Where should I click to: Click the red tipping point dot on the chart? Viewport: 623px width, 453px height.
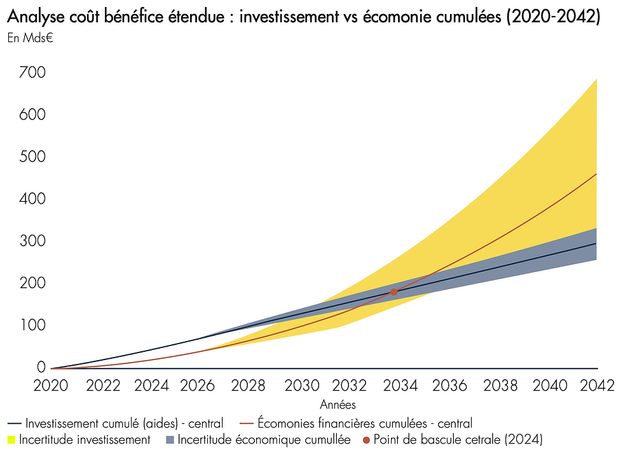394,291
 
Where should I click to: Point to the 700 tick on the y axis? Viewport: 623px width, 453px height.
32,73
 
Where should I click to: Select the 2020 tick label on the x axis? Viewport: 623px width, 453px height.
52,386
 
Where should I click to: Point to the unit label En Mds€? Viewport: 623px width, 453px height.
30,37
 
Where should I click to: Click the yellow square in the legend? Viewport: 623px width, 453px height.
11,439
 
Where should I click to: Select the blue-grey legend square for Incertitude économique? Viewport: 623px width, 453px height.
170,439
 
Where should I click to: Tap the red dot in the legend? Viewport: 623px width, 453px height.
366,439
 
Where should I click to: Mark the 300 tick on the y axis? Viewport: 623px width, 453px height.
32,241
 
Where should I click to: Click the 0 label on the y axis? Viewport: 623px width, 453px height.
41,367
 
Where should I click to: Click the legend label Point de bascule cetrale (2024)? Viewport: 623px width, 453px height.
458,439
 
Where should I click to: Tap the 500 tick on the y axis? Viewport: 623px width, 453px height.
32,157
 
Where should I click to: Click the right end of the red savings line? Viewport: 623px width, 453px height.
596,174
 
